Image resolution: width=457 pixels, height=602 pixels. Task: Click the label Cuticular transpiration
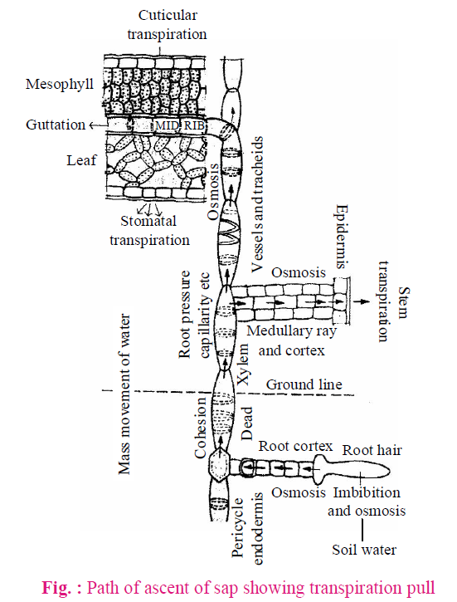click(x=168, y=25)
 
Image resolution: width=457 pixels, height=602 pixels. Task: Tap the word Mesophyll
click(x=60, y=84)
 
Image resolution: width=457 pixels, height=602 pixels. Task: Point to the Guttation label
click(x=56, y=125)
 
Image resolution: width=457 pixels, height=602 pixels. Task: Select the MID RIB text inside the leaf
click(x=180, y=125)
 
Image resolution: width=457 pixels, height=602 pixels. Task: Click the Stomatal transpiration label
click(x=149, y=230)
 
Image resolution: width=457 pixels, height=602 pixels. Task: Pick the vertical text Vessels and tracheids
click(x=256, y=204)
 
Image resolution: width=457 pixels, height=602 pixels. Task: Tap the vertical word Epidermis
click(x=342, y=237)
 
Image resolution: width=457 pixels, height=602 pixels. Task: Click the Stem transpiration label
click(x=393, y=301)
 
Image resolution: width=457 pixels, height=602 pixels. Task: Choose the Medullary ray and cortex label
click(x=292, y=340)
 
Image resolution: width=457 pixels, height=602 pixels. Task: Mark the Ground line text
click(x=304, y=384)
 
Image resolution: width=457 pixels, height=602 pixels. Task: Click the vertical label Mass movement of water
click(x=124, y=394)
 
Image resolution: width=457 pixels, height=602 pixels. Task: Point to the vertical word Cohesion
click(x=201, y=428)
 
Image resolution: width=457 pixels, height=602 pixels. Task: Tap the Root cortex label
click(x=295, y=446)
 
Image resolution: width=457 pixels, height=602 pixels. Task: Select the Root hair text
click(x=372, y=449)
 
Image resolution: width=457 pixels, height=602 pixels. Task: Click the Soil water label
click(x=364, y=550)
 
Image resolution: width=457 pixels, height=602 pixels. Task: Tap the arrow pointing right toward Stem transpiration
click(x=362, y=301)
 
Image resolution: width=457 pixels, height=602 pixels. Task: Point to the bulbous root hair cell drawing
click(x=351, y=470)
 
